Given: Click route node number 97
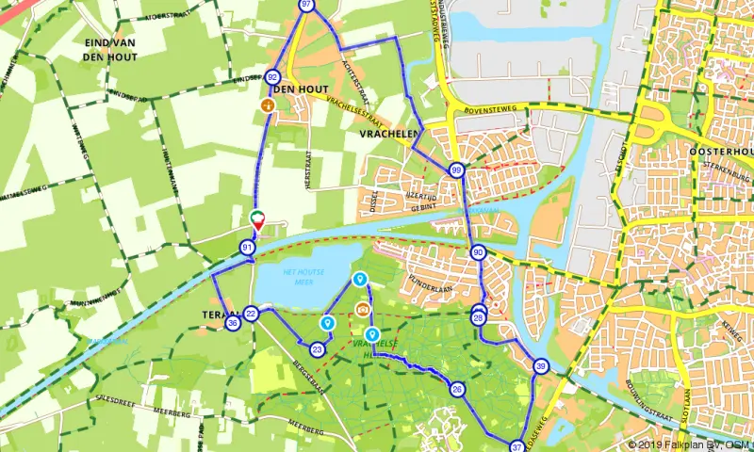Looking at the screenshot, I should coord(306,5).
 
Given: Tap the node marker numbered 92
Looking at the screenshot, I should coord(273,77).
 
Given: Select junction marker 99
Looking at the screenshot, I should coord(456,170).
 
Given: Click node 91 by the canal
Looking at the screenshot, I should coord(247,248).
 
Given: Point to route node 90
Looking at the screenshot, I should coord(478,252).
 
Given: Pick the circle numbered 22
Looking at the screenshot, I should coord(251,314).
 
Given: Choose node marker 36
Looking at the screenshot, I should coord(233,323).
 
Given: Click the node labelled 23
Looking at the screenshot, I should coord(318,349).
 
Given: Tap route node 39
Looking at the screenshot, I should coord(540,366).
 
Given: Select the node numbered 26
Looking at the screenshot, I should coord(457,390).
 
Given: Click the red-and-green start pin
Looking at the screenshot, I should coord(257,220).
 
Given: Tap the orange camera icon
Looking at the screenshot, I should coord(362,309).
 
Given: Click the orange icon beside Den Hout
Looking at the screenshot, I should coord(268,106).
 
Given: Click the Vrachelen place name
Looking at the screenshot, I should coord(387,136).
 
